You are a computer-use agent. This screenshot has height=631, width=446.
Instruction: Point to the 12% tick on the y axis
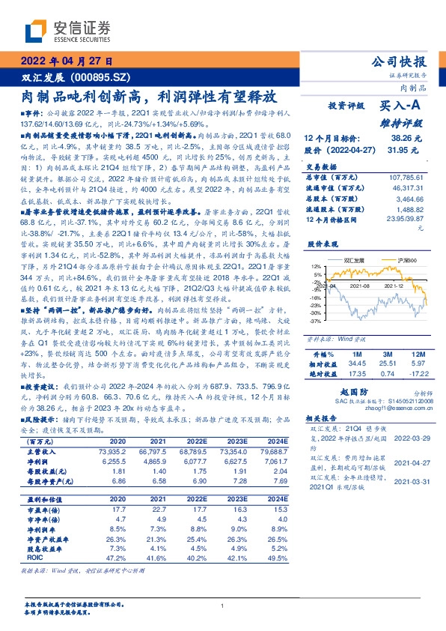click(x=316, y=267)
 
